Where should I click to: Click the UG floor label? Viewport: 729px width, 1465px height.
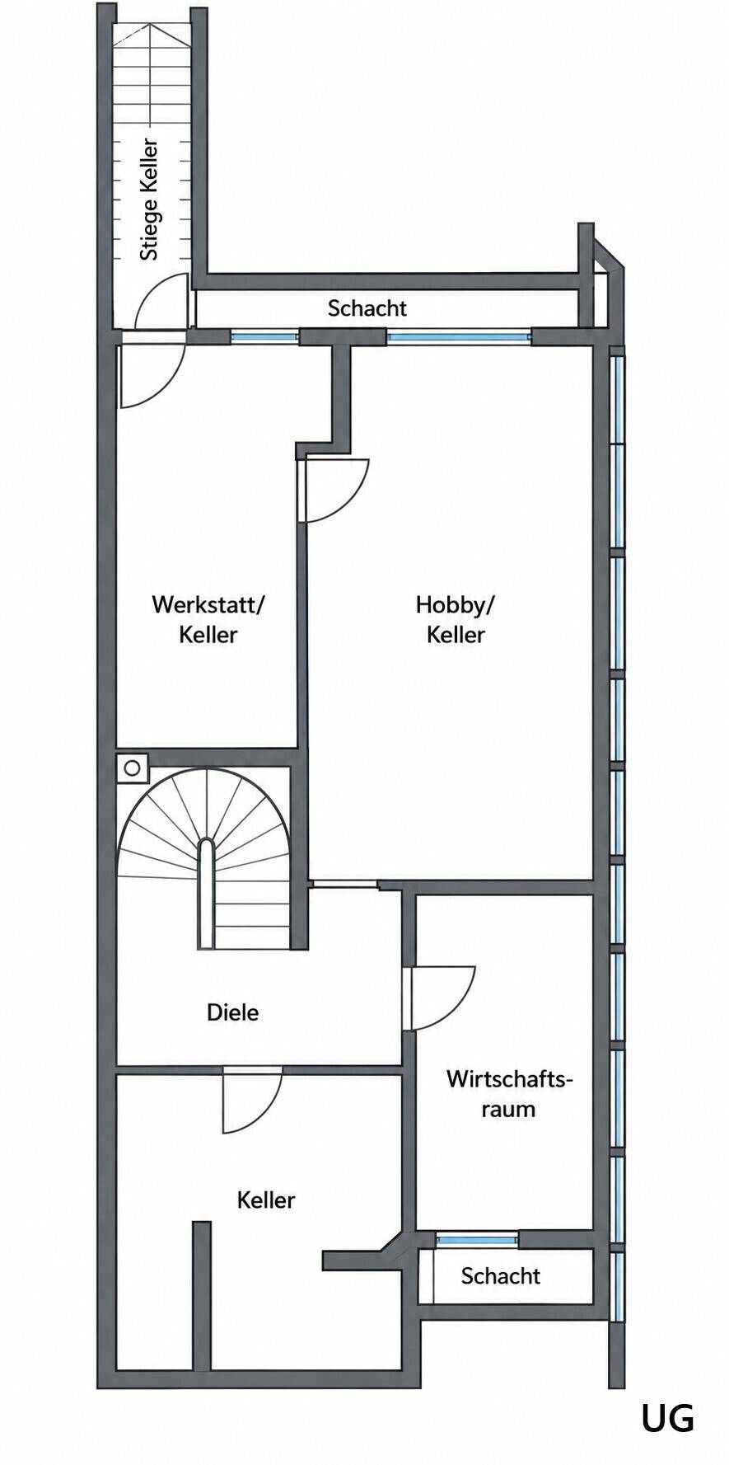coord(667,1419)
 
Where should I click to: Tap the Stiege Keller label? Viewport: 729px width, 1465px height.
coord(149,200)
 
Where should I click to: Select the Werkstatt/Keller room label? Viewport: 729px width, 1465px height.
coord(208,619)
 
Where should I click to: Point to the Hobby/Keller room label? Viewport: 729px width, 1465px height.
coord(456,619)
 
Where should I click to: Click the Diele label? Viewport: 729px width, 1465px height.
coord(232,1012)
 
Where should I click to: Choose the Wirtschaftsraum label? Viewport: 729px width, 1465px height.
coord(509,1094)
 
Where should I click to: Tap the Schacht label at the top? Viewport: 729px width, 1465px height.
coord(367,308)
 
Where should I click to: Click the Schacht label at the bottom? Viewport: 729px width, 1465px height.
coord(500,1276)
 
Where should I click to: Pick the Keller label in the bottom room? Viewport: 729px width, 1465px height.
coord(265,1200)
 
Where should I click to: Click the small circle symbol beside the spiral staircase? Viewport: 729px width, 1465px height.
coord(132,768)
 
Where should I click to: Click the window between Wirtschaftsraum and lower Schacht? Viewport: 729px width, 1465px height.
coord(477,1239)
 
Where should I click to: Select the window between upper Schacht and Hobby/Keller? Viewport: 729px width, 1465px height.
coord(459,336)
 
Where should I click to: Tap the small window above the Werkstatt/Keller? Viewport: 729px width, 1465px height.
coord(264,336)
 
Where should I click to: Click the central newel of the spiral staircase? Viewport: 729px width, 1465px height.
coord(207,894)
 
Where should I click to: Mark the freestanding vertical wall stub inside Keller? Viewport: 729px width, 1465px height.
coord(202,1295)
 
